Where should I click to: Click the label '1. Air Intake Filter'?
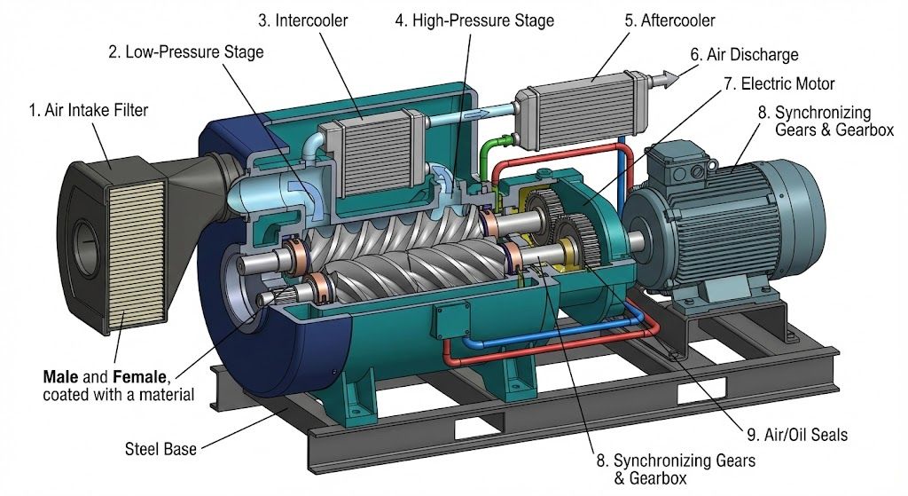pyautogui.click(x=89, y=110)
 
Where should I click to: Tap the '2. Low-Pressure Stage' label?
pyautogui.click(x=186, y=52)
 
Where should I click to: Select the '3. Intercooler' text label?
pyautogui.click(x=303, y=20)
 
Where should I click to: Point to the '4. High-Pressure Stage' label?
pyautogui.click(x=475, y=21)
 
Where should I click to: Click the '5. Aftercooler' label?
pyautogui.click(x=669, y=20)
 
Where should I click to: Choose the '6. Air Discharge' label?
pyautogui.click(x=744, y=54)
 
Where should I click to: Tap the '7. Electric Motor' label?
pyautogui.click(x=779, y=83)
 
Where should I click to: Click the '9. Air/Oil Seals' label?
pyautogui.click(x=797, y=435)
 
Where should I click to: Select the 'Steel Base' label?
pyautogui.click(x=160, y=448)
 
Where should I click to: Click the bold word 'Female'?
pyautogui.click(x=139, y=377)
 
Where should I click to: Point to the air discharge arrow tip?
pyautogui.click(x=678, y=78)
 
